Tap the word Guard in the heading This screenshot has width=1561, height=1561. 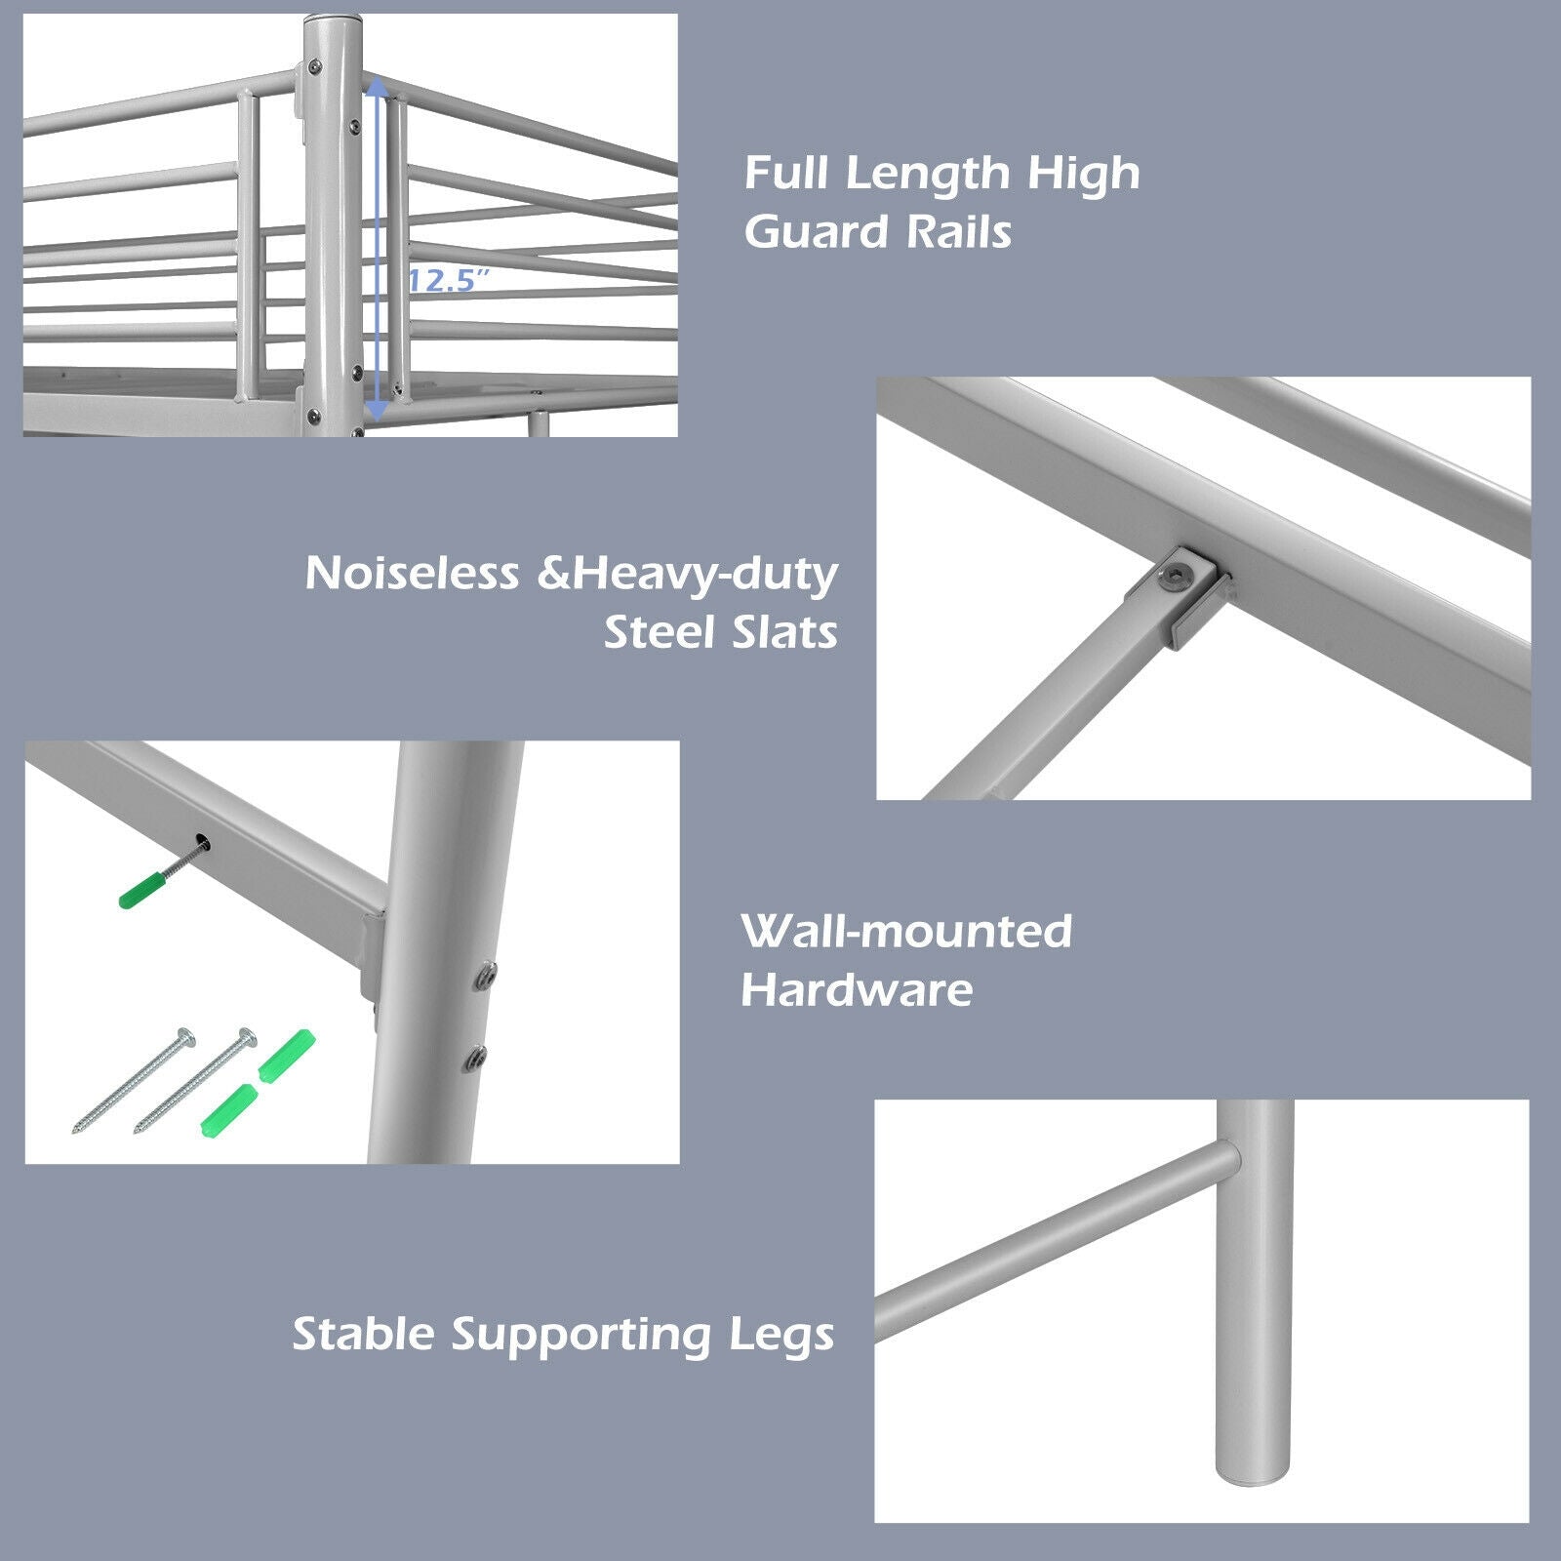click(816, 232)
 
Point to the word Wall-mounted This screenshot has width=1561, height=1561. click(906, 931)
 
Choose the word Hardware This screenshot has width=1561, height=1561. click(857, 990)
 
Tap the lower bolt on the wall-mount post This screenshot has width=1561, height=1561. click(476, 1057)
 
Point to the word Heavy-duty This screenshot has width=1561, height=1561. click(705, 575)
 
